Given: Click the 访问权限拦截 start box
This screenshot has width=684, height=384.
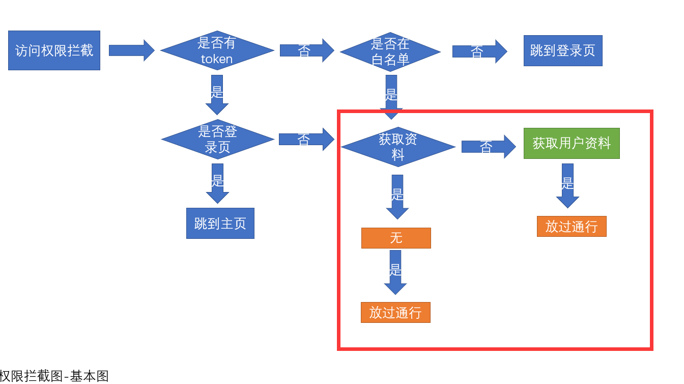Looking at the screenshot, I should (54, 50).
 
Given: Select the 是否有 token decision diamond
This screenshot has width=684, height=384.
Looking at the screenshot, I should (217, 50).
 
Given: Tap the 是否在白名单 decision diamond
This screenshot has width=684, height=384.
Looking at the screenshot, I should (390, 51).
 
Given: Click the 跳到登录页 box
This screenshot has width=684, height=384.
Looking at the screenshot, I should (563, 50).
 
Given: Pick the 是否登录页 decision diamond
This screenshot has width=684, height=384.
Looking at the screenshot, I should (218, 139).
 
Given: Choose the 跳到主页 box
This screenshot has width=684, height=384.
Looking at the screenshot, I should (220, 223).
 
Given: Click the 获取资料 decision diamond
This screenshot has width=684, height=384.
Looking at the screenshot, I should (398, 147).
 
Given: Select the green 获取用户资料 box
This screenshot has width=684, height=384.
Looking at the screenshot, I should (572, 143).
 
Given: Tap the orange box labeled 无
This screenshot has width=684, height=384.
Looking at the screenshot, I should (396, 238).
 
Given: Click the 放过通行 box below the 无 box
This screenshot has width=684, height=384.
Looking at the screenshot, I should (395, 312).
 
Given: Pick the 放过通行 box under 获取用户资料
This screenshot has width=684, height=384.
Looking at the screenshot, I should (572, 226).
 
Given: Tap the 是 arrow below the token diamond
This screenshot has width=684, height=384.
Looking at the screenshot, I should (217, 94).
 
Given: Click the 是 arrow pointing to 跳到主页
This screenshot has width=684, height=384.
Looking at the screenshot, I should (218, 183).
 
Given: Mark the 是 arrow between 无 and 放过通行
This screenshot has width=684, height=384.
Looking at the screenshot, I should (395, 271).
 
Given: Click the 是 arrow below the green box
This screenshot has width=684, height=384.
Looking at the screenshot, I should (567, 185).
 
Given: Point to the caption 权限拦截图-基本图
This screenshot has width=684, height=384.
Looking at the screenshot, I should (54, 376).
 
